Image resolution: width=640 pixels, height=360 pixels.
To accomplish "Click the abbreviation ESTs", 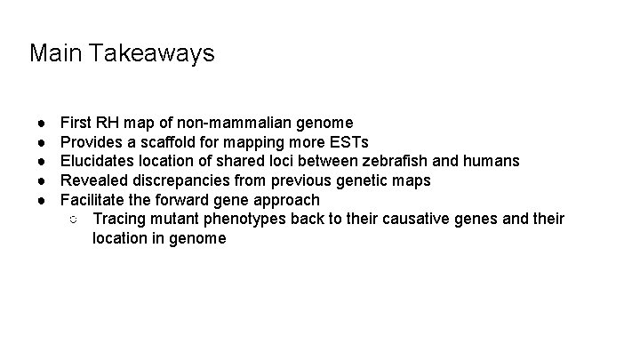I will click(349, 142).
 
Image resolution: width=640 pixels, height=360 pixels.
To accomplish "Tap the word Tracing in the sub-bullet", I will click(119, 220).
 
